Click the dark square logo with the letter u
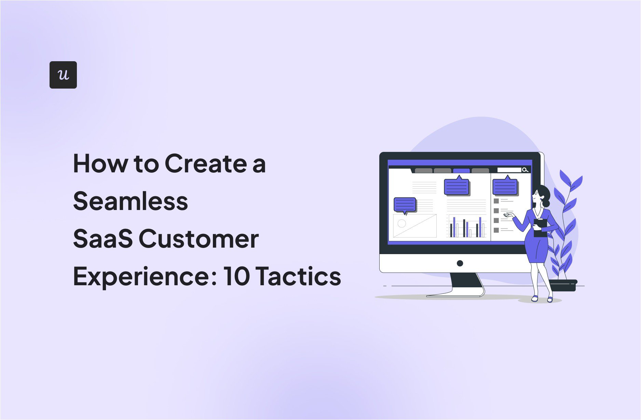tap(63, 75)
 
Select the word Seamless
tap(131, 201)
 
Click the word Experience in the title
tap(145, 276)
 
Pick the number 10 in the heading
tap(236, 276)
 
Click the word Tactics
tap(298, 276)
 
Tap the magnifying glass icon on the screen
tap(525, 170)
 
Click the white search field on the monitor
tap(509, 170)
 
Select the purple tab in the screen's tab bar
tap(461, 171)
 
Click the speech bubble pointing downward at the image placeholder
tap(405, 205)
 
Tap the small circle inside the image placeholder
tap(402, 223)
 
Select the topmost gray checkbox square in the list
tap(496, 201)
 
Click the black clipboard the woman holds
tap(540, 228)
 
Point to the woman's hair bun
tap(546, 204)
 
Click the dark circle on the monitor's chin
tap(460, 263)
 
